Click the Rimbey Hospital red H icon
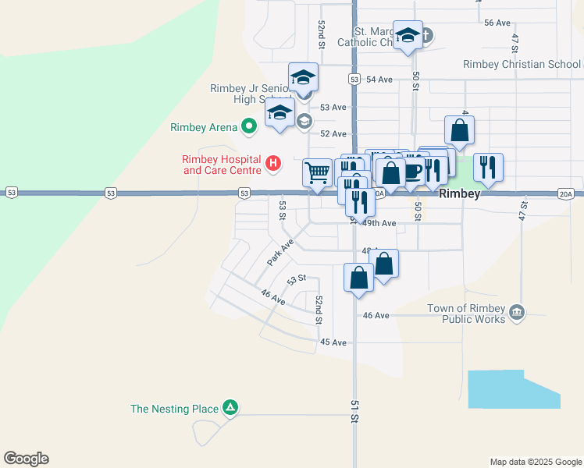tap(272, 163)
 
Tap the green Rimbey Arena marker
tap(249, 126)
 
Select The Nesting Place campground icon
tap(230, 407)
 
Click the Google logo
tap(26, 459)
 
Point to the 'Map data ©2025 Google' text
tap(535, 462)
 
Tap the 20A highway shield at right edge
tap(566, 193)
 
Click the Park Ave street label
tap(280, 252)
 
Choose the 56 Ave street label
tap(497, 23)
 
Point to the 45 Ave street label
tap(333, 342)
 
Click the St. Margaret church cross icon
tap(427, 35)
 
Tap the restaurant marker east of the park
tap(488, 167)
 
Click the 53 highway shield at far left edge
tap(12, 192)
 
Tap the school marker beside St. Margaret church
tap(408, 36)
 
